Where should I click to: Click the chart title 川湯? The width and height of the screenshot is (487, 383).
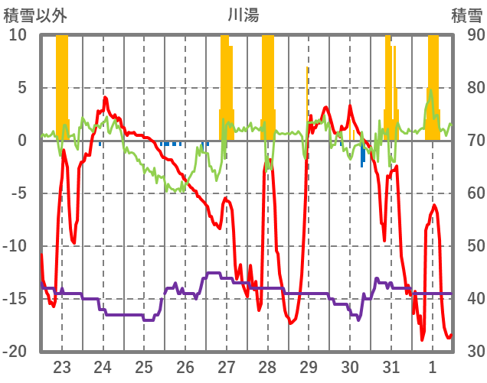pyautogui.click(x=243, y=15)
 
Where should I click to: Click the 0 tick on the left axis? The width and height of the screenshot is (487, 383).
pyautogui.click(x=23, y=141)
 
